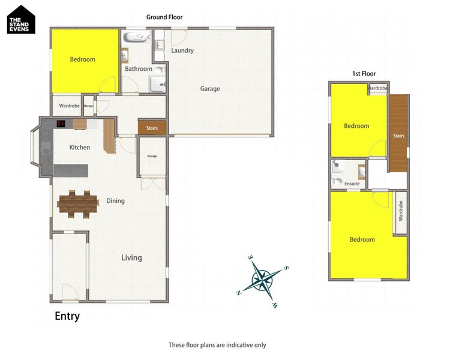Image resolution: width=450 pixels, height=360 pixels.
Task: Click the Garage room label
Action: coord(210,89)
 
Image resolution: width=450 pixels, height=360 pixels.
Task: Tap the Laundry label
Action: coord(182,50)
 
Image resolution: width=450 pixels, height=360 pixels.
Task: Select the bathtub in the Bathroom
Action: coord(137,38)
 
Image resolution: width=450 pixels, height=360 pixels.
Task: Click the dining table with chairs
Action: coord(77,203)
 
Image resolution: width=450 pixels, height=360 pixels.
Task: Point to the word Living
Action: coord(131,257)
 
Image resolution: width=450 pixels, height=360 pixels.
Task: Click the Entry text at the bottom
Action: coord(67,316)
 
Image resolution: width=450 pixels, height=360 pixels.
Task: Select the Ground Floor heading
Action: coord(164,17)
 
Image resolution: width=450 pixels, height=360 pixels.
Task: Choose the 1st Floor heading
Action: coord(364,74)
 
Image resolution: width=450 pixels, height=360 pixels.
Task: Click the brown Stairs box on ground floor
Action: coord(152,128)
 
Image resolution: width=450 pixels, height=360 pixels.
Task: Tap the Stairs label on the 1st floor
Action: coord(398,136)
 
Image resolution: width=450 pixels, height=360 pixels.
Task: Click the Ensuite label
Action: coord(352,184)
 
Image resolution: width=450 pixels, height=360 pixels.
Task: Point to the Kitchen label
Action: coord(80,148)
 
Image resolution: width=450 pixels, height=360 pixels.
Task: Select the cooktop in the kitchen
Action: coord(61,124)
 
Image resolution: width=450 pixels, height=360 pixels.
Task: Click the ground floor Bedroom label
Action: coord(82,59)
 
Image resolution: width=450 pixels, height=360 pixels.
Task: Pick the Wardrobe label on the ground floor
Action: coord(69,106)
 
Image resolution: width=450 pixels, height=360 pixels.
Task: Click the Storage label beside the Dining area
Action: coord(152,156)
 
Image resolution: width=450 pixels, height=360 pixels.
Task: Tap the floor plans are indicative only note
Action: coord(217,345)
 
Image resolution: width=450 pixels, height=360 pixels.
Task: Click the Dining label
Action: coord(115,201)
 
